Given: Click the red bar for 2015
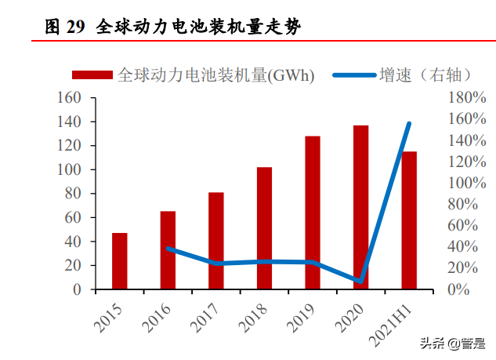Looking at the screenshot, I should point(119,261).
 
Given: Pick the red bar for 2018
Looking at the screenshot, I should point(264,228).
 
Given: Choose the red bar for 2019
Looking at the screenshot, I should point(313,213).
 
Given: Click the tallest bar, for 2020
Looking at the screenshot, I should point(360,207).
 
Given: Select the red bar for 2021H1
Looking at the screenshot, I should point(409,220).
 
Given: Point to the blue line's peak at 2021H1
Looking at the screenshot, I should point(409,123).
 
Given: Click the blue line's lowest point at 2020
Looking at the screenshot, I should point(360,281).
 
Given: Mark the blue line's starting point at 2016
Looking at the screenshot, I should point(168,249).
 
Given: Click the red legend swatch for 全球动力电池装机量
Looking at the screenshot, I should point(93,75).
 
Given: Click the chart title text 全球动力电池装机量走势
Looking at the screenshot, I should point(199,27).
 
